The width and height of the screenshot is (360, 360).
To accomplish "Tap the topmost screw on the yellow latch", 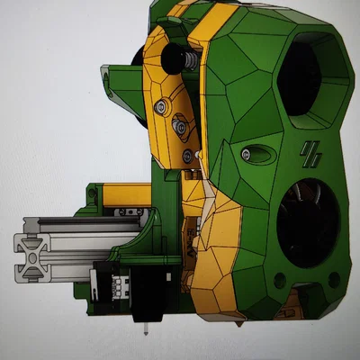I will [160, 106].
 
